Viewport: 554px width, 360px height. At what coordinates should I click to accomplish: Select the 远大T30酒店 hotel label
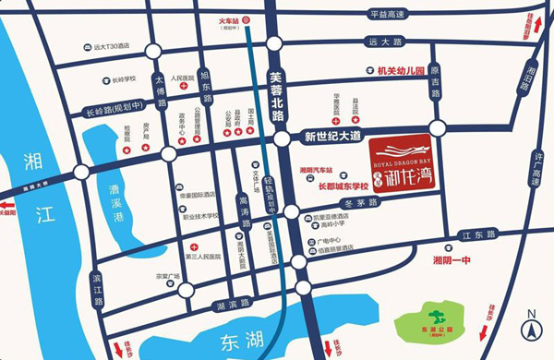coord(124,45)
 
